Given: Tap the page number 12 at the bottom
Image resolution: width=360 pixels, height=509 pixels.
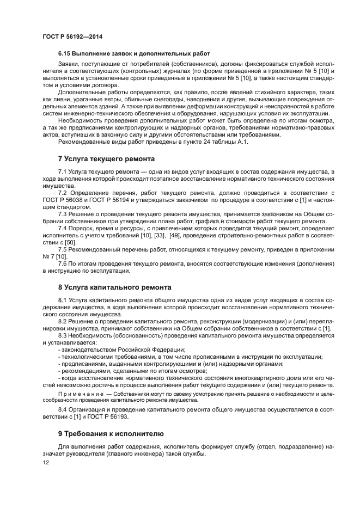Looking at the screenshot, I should pos(45,462).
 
